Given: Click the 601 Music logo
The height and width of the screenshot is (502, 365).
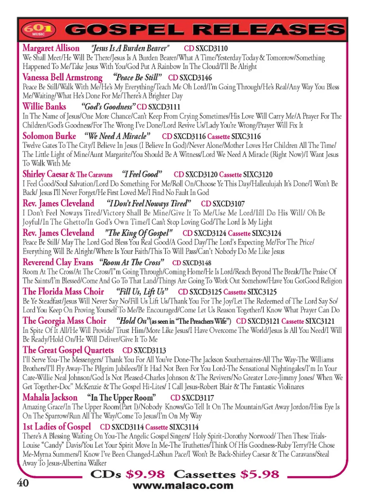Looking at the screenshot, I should [38, 29].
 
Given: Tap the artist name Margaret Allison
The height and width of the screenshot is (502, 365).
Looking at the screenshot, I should [51, 48].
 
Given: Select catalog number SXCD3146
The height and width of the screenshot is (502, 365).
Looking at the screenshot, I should [195, 78].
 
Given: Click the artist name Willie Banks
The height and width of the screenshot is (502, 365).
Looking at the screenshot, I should [44, 107].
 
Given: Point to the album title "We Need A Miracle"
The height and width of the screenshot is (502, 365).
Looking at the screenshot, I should [117, 136].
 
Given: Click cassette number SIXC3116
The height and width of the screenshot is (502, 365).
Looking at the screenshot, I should [246, 136].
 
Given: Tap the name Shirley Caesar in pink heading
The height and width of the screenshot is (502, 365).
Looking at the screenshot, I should [45, 174].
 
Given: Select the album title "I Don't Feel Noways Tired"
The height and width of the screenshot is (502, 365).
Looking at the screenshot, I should [149, 203].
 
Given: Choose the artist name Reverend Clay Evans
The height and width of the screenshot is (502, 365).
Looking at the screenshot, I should [58, 262].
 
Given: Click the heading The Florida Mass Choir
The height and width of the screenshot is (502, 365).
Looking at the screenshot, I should [63, 291].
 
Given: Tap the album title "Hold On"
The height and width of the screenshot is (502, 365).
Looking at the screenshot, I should [132, 321].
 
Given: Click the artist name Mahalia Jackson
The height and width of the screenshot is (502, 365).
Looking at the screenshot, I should [50, 397].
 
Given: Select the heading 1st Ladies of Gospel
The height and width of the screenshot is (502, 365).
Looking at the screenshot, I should [57, 427].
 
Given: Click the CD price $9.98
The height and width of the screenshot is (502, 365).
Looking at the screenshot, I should [145, 474].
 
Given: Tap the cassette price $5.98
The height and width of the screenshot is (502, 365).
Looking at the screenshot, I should [260, 474].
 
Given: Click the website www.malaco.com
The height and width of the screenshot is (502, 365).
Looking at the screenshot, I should [183, 486].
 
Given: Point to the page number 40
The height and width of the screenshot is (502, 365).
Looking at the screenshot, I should [23, 483].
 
